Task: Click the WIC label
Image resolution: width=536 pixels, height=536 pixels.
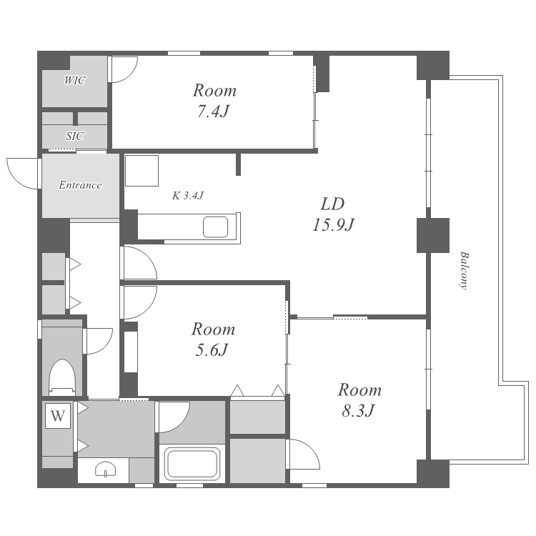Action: pyautogui.click(x=74, y=81)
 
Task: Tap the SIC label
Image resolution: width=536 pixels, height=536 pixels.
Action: pyautogui.click(x=74, y=137)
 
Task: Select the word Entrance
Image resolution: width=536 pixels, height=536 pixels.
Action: pyautogui.click(x=80, y=185)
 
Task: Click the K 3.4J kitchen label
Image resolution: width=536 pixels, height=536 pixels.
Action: pyautogui.click(x=188, y=196)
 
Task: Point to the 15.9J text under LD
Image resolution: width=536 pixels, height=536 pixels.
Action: pyautogui.click(x=333, y=225)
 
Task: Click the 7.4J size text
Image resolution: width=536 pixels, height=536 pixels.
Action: pyautogui.click(x=213, y=111)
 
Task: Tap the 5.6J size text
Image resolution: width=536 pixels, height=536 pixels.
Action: pyautogui.click(x=212, y=350)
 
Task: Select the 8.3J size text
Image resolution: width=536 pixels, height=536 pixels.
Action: pyautogui.click(x=359, y=410)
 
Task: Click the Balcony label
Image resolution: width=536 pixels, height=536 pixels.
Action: pyautogui.click(x=464, y=271)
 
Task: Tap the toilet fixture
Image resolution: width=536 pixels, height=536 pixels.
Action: pyautogui.click(x=62, y=377)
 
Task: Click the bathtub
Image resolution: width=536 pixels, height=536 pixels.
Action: pyautogui.click(x=192, y=464)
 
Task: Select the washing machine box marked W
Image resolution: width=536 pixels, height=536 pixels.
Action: pyautogui.click(x=58, y=416)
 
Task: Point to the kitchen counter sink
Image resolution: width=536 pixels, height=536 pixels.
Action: pyautogui.click(x=215, y=227)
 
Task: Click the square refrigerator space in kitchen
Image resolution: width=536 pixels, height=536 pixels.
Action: pyautogui.click(x=142, y=171)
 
